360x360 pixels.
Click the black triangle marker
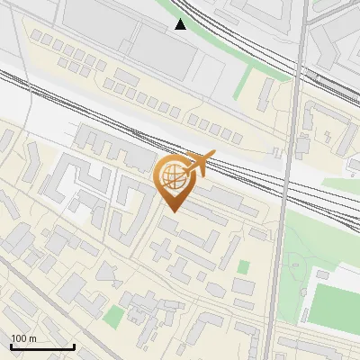[181, 24]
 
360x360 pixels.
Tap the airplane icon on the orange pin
[199, 164]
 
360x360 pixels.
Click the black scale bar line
[42, 346]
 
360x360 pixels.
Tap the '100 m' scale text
[24, 338]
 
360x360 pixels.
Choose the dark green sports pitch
[334, 306]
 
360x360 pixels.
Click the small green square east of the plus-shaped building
[243, 267]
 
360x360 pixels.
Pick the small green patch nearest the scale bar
[112, 316]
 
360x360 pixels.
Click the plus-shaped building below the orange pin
[161, 249]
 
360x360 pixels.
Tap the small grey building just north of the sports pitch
[325, 274]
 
